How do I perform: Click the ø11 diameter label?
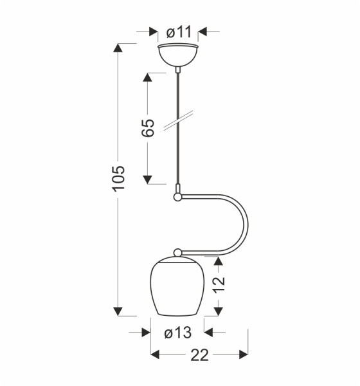point(179,32)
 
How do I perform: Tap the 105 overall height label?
point(118,178)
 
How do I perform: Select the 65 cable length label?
point(148,128)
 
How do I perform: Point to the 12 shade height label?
point(219,285)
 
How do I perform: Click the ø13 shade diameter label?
point(177,333)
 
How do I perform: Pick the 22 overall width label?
point(199,355)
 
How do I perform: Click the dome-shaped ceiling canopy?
point(177,55)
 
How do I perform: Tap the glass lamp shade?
point(177,286)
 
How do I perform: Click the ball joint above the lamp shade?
point(177,253)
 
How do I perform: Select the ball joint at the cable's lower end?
point(177,197)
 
